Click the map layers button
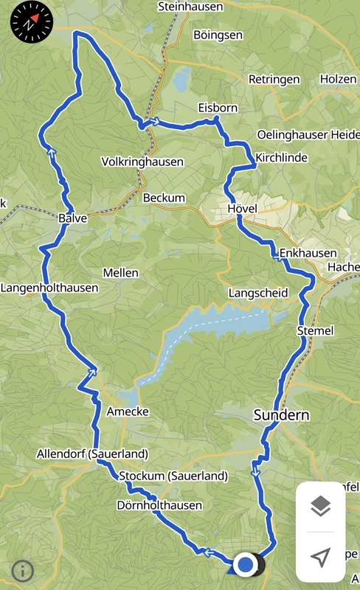tap(320, 507)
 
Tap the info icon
tap(23, 570)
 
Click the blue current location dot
tap(246, 565)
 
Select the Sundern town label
tap(281, 414)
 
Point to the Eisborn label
tap(218, 108)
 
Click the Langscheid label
tap(258, 293)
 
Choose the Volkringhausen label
tap(142, 162)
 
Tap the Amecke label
tap(128, 412)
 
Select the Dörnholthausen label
tap(159, 506)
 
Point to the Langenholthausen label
tap(49, 288)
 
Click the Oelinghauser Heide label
tap(308, 134)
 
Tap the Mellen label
tap(120, 273)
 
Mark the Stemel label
tap(315, 330)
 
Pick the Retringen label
tap(274, 79)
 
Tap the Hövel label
tap(243, 209)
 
